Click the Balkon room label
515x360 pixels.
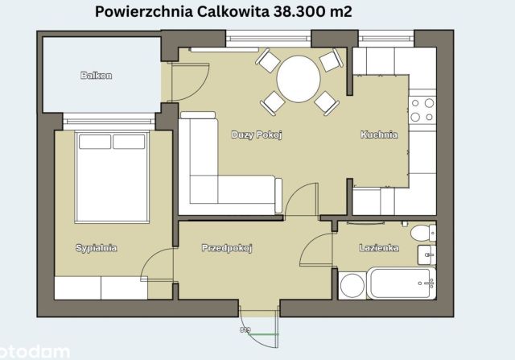96,76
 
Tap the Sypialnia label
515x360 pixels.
96,248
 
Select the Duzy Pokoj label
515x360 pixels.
256,134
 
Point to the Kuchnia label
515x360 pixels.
378,134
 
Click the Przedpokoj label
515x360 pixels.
227,249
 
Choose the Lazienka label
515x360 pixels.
377,248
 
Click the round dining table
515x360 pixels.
298,79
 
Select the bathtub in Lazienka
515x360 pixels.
401,284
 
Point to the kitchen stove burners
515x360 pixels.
422,110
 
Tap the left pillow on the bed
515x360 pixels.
94,142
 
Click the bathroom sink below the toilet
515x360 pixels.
426,257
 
